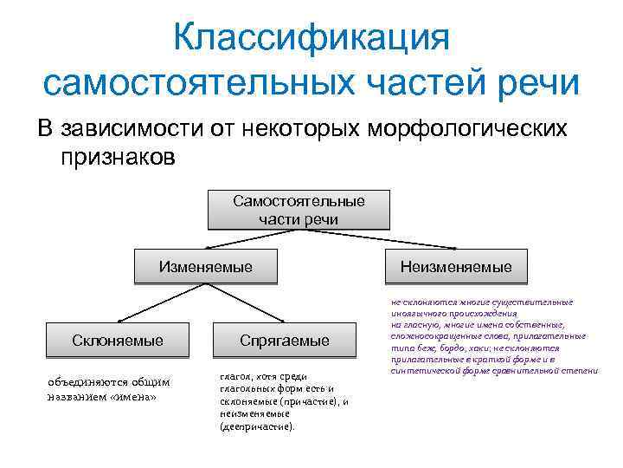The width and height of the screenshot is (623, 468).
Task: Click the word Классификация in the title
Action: pos(311,37)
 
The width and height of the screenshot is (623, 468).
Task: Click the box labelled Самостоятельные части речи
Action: pos(299,210)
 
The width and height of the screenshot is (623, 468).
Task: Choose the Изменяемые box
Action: pos(206,267)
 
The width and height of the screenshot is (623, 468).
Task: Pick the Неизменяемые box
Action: pos(456,267)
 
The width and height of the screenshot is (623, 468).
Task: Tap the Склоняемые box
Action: pos(118,340)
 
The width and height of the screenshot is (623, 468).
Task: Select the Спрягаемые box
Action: pos(285,341)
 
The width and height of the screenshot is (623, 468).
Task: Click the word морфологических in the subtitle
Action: pos(468,128)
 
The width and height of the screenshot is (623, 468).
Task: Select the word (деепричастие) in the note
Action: pos(257,426)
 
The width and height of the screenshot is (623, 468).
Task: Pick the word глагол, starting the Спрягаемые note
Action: pos(236,377)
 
